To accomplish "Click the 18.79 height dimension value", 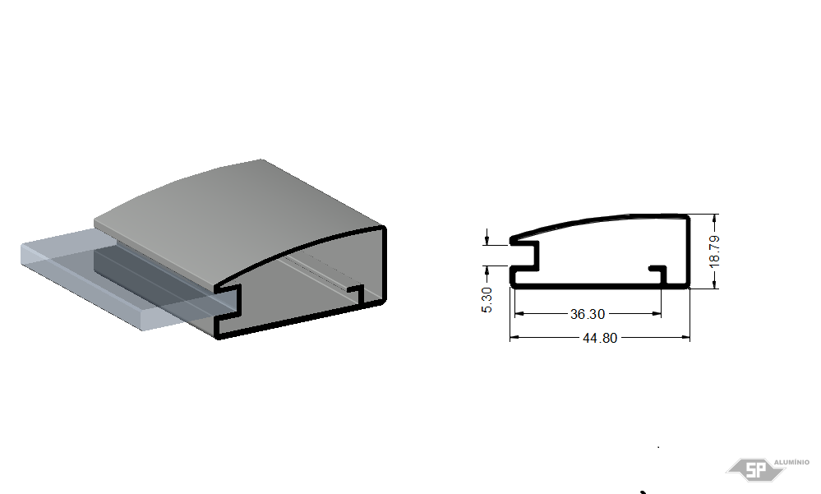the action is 715,252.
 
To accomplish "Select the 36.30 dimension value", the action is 587,314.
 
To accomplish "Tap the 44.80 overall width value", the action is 600,339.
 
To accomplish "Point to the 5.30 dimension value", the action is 487,300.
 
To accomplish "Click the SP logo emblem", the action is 755,469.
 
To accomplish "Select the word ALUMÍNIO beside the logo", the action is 791,462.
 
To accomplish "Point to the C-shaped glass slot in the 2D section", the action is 525,256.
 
